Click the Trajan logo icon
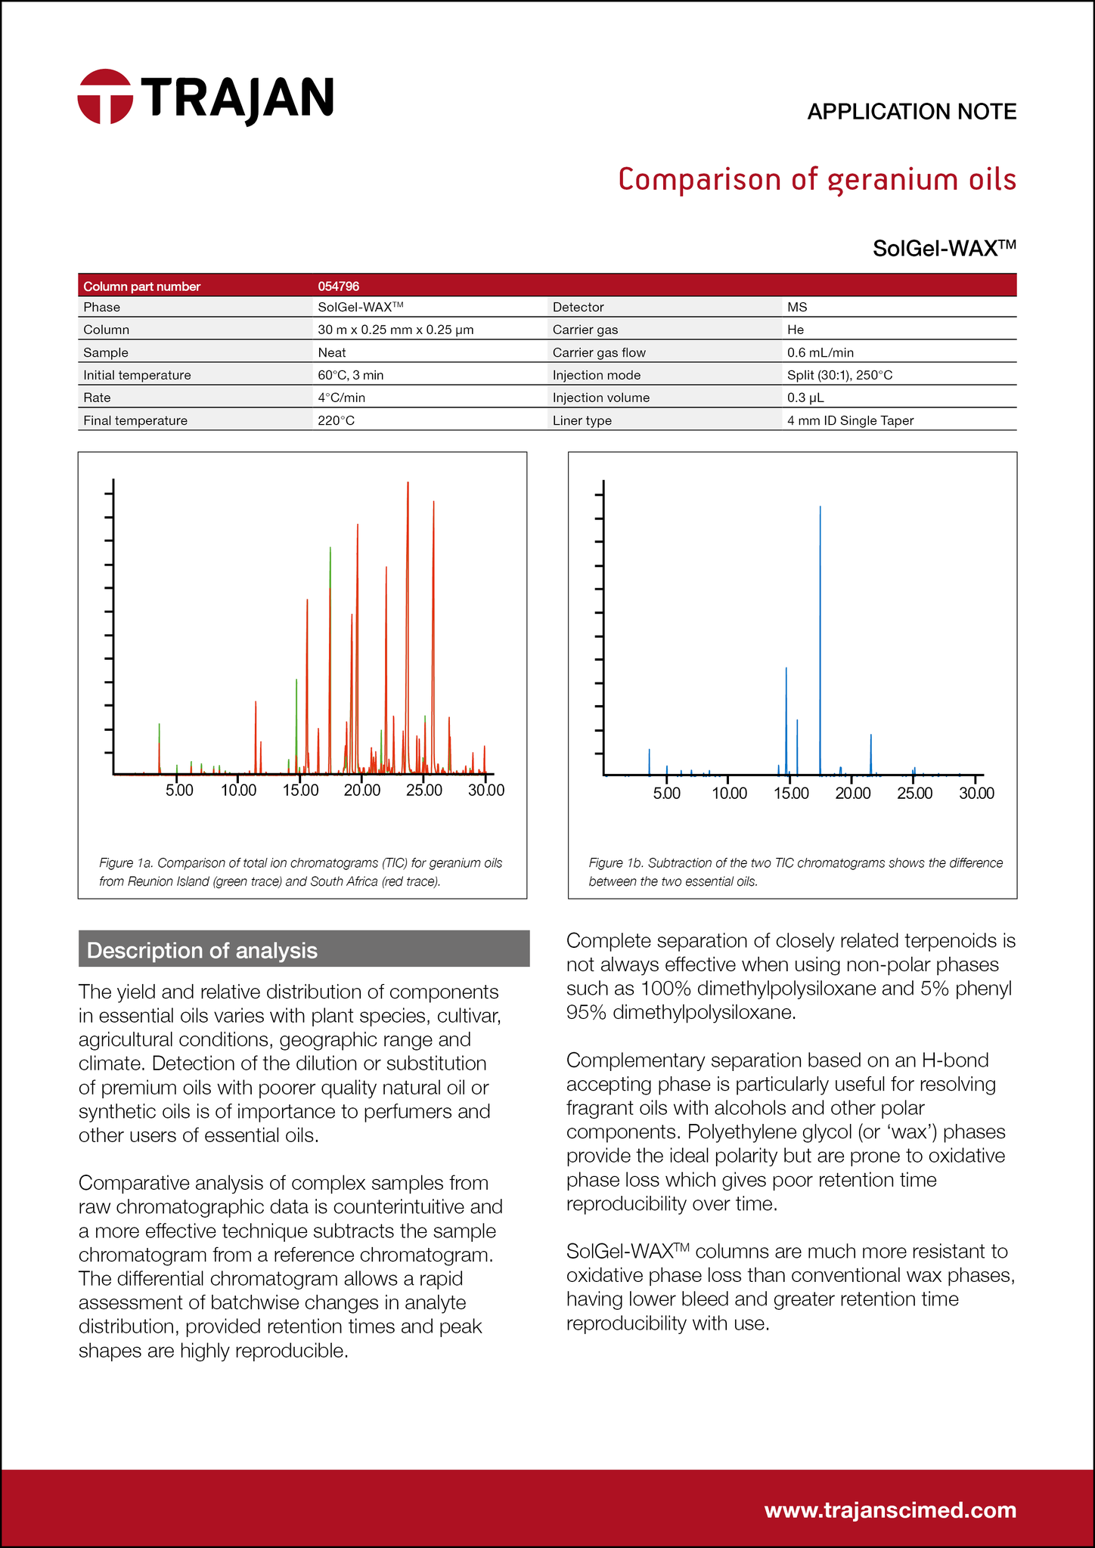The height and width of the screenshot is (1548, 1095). (105, 96)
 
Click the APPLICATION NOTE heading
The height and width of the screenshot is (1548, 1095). (911, 112)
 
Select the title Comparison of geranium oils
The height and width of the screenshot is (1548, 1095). (817, 180)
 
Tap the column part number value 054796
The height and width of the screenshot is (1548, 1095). (338, 286)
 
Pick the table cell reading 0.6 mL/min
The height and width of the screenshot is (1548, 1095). (820, 352)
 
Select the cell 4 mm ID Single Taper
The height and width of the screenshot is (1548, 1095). (850, 420)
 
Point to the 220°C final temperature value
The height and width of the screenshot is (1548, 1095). (336, 420)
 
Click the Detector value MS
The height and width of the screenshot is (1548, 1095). (797, 308)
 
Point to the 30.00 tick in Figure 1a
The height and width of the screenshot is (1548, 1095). (485, 791)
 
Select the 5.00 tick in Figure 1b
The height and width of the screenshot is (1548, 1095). (666, 794)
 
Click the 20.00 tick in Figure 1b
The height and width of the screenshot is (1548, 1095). (852, 794)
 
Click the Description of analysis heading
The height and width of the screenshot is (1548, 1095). (202, 950)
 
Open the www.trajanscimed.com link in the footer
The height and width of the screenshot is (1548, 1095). (890, 1510)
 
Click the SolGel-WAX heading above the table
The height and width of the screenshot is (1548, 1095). (943, 248)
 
